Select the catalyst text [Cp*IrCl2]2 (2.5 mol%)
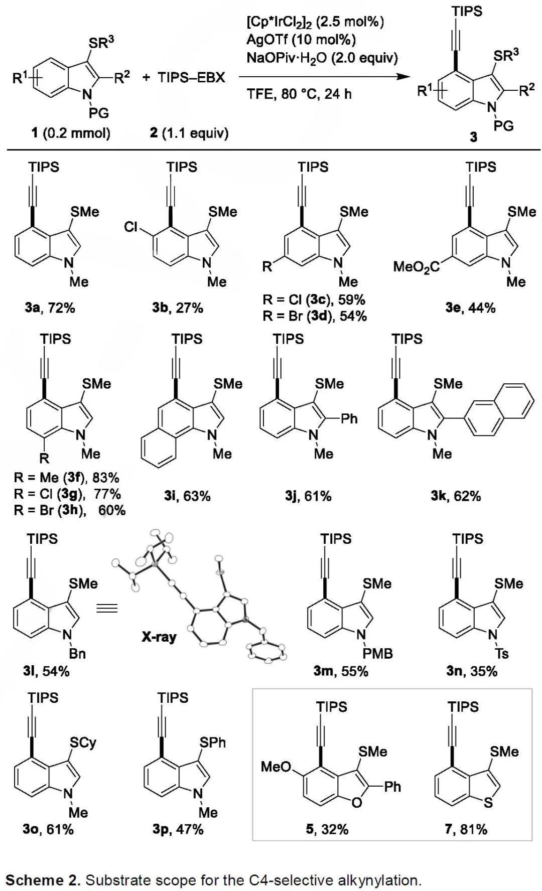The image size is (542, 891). [315, 22]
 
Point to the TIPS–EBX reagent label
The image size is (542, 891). [191, 78]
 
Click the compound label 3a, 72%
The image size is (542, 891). [50, 308]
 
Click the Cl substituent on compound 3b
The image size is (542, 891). [131, 227]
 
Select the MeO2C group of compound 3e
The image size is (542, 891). [416, 266]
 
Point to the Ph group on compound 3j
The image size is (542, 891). [349, 418]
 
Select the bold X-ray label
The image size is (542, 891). [159, 637]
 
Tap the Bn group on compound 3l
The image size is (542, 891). [77, 654]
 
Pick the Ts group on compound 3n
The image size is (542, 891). [502, 654]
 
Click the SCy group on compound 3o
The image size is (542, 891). [83, 742]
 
